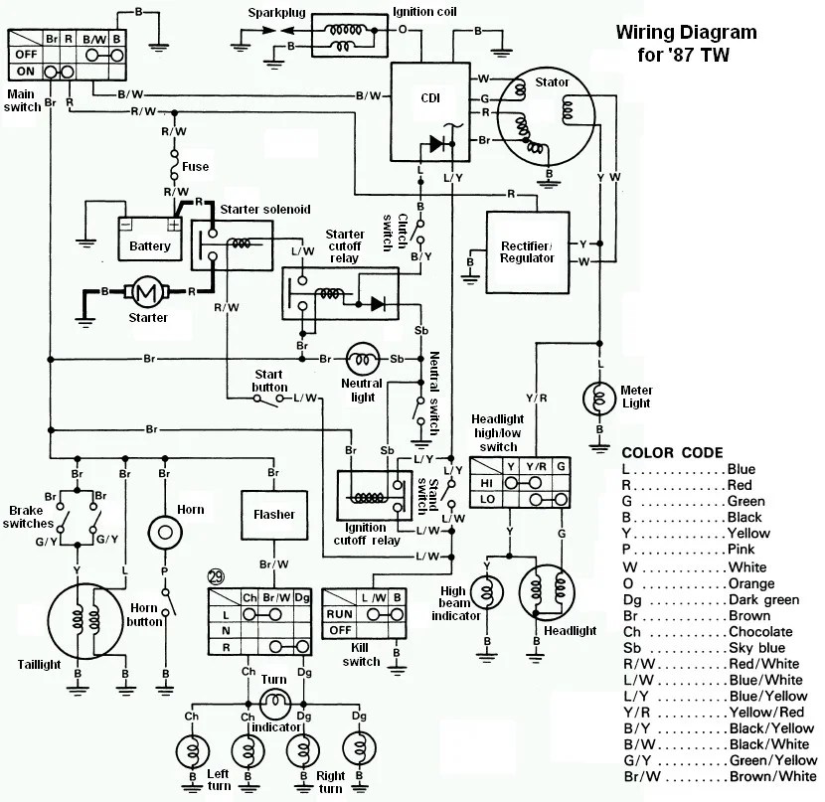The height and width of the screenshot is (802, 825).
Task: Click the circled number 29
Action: click(216, 577)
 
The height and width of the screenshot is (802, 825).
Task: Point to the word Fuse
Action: click(195, 167)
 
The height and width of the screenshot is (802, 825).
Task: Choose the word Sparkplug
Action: click(276, 13)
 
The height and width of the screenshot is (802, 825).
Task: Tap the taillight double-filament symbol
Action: click(85, 620)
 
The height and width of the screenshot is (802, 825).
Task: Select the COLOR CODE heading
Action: click(672, 453)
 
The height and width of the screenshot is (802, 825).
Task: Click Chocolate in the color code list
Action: click(760, 632)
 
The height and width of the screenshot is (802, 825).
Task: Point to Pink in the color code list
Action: click(741, 550)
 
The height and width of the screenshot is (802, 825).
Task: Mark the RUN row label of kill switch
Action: click(339, 614)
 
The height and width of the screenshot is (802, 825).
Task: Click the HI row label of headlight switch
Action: click(486, 483)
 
